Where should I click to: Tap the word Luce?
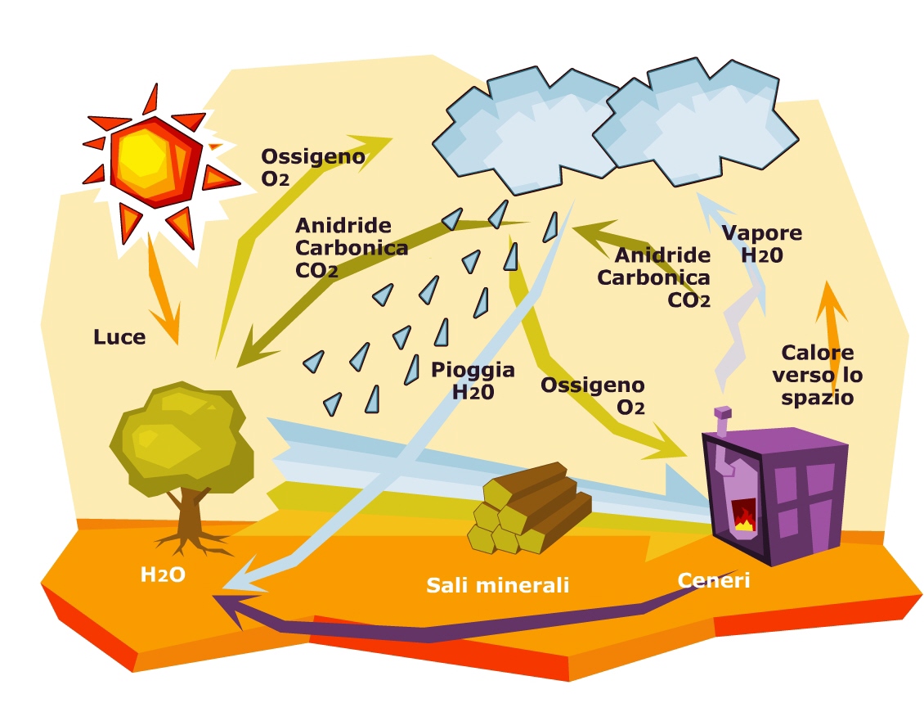[x=119, y=336]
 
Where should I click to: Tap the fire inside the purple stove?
[x=743, y=518]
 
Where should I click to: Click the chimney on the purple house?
[x=722, y=420]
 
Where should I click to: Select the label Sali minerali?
[x=497, y=585]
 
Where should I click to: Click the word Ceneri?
[x=713, y=580]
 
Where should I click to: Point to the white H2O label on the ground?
[x=163, y=575]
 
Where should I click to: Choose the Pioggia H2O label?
[x=473, y=381]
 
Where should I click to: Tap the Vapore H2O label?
[x=761, y=243]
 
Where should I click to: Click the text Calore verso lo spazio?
[x=818, y=375]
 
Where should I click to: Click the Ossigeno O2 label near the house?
[x=593, y=395]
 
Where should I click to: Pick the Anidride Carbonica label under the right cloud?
[x=653, y=277]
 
